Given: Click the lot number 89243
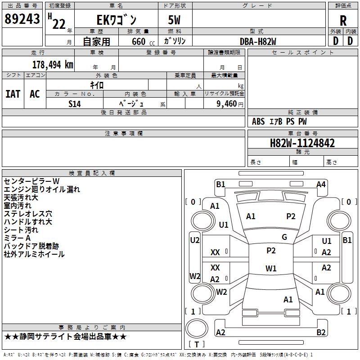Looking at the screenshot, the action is pyautogui.click(x=21, y=19).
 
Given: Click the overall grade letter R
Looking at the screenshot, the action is pyautogui.click(x=343, y=21).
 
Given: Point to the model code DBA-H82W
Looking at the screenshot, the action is pyautogui.click(x=258, y=41).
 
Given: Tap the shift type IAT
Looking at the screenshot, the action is pyautogui.click(x=13, y=94).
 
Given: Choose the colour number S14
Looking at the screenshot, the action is pyautogui.click(x=75, y=103).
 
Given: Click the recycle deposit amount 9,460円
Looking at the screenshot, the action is pyautogui.click(x=225, y=103).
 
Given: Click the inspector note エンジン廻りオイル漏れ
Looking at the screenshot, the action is pyautogui.click(x=41, y=189).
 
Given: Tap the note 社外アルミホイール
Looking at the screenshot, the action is pyautogui.click(x=34, y=254).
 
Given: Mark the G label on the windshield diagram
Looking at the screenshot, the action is pyautogui.click(x=284, y=237).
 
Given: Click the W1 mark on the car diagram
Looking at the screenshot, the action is pyautogui.click(x=271, y=269).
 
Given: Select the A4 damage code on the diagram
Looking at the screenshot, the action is pyautogui.click(x=321, y=184).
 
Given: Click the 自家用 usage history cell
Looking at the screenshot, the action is pyautogui.click(x=96, y=41).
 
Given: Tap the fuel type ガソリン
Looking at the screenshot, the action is pyautogui.click(x=175, y=41).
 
